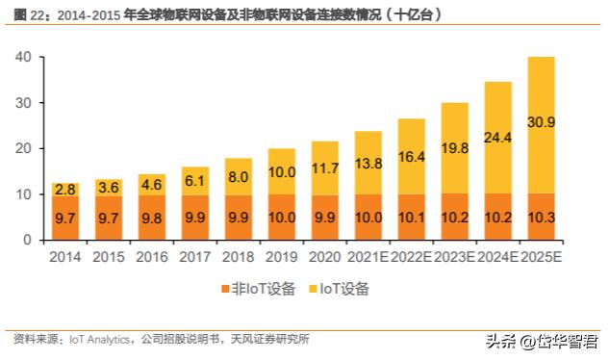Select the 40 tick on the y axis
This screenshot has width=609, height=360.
tap(24, 58)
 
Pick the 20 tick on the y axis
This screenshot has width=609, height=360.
tap(24, 148)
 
